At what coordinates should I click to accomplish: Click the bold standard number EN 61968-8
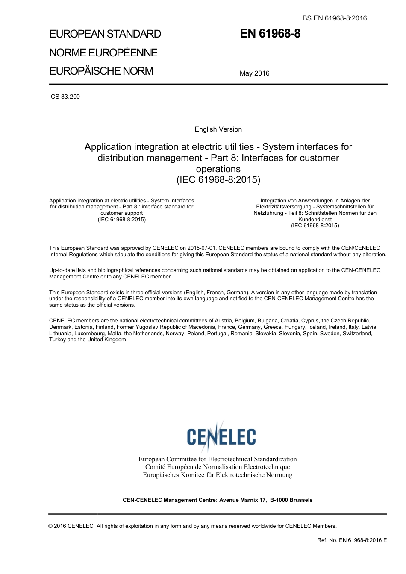[x=270, y=34]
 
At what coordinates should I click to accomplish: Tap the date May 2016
[x=254, y=73]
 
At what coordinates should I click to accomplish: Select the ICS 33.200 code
[x=65, y=97]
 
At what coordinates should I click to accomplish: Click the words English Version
[x=218, y=129]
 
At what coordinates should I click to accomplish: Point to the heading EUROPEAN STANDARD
[x=105, y=34]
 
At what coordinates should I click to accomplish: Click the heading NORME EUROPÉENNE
[x=103, y=53]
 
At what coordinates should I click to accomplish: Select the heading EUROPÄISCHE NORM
[x=101, y=71]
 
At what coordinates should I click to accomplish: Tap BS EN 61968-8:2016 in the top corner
[x=335, y=18]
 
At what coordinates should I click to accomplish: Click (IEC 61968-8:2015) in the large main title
[x=218, y=179]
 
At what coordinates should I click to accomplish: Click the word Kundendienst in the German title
[x=315, y=219]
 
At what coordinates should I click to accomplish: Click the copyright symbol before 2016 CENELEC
[x=51, y=526]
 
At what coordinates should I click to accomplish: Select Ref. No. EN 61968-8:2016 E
[x=352, y=540]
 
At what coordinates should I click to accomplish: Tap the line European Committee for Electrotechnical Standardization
[x=218, y=459]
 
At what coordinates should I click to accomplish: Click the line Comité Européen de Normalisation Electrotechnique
[x=218, y=467]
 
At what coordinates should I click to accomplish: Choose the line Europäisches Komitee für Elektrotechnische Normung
[x=218, y=475]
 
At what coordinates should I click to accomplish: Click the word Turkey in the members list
[x=57, y=340]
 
